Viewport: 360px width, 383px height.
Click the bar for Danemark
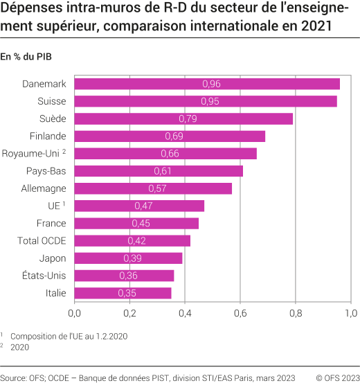pos(206,84)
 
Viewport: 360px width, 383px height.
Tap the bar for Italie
pos(123,293)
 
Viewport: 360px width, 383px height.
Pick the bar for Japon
pos(128,258)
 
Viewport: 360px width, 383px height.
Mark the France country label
pos(51,223)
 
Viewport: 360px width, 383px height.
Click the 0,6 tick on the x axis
pos(240,313)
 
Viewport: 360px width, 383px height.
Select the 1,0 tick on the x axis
pos(350,313)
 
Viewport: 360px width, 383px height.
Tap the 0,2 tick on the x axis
pos(129,313)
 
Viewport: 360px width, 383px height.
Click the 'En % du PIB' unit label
pos(26,56)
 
